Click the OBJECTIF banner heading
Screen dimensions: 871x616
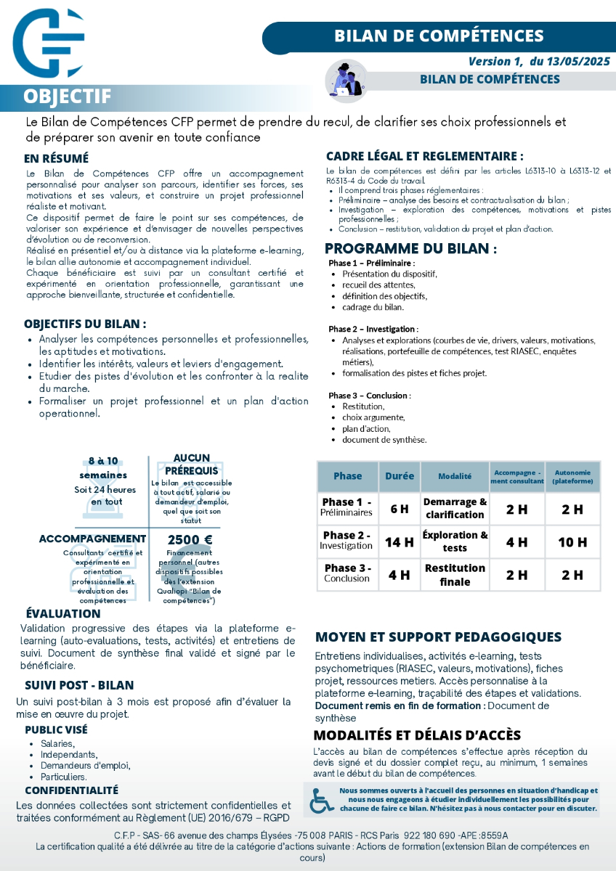click(x=67, y=97)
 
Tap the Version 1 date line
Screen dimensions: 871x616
click(x=538, y=62)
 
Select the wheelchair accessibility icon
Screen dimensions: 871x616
click(x=322, y=798)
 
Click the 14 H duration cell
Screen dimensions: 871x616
click(x=399, y=541)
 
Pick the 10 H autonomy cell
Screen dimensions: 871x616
click(x=572, y=541)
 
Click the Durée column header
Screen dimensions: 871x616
click(x=399, y=476)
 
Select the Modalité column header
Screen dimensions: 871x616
click(x=455, y=476)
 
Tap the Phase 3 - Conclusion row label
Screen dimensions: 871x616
click(x=347, y=573)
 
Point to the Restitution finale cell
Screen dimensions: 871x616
click(x=455, y=575)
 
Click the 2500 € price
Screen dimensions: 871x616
click(x=190, y=539)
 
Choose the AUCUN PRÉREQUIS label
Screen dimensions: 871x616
click(x=192, y=464)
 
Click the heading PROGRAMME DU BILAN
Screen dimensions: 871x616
click(x=411, y=248)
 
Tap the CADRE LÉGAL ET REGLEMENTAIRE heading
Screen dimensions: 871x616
click(x=425, y=156)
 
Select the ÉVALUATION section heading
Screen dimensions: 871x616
click(x=63, y=614)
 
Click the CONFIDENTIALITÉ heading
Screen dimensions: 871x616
click(x=71, y=790)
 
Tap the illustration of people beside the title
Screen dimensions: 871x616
click(x=344, y=78)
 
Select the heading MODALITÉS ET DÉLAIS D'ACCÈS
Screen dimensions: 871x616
click(x=417, y=735)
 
